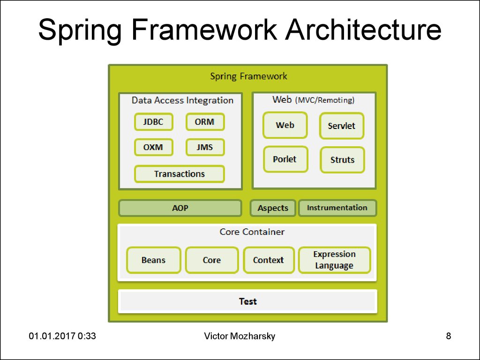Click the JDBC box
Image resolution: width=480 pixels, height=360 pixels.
(x=153, y=122)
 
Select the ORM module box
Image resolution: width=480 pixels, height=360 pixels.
(x=205, y=122)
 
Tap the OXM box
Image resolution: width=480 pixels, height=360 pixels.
(x=153, y=147)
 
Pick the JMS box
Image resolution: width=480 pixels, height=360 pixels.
(x=205, y=147)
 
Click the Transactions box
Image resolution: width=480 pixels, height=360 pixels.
(x=179, y=174)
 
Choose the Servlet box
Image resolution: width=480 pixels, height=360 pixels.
(x=341, y=126)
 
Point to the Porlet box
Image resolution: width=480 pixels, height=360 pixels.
(x=285, y=159)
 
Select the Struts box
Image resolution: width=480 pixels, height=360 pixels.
(x=342, y=160)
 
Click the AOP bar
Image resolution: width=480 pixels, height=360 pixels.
(x=180, y=208)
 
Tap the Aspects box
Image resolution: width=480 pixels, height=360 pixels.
(x=273, y=208)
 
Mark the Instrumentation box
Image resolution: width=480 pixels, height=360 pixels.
(x=337, y=208)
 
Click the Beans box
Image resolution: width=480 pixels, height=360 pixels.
(x=153, y=260)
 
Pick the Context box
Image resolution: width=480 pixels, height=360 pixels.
(x=268, y=260)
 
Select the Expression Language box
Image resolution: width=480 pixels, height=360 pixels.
(x=334, y=260)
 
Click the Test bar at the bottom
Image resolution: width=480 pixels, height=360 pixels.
(x=247, y=301)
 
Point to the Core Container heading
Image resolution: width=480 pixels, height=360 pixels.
(x=252, y=232)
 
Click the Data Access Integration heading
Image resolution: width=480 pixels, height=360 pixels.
(x=182, y=100)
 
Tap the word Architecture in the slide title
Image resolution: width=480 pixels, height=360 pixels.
(x=364, y=30)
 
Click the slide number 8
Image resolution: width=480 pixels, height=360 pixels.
(x=449, y=336)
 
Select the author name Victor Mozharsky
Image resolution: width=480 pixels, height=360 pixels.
(x=240, y=336)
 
